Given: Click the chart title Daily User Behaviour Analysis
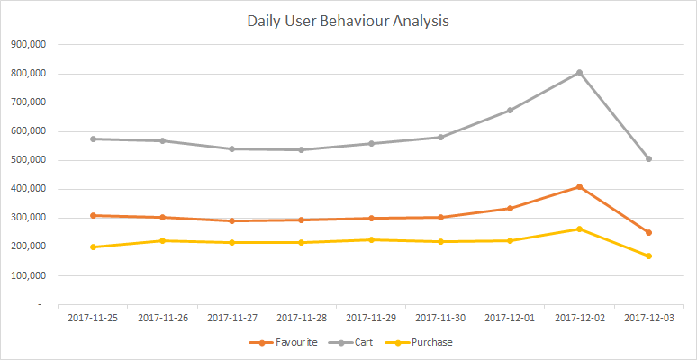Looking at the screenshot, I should (348, 21).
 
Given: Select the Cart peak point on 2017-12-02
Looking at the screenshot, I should (579, 73).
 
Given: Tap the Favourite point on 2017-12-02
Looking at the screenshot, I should (579, 187).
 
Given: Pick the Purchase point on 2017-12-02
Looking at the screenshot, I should (579, 229).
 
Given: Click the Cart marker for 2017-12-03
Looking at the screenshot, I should (648, 159).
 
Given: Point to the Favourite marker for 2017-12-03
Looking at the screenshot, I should (648, 233).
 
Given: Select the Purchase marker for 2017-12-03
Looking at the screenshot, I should (648, 256).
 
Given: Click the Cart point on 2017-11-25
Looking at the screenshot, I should (93, 139).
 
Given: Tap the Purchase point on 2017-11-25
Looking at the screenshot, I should (93, 247).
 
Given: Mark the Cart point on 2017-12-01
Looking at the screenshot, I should (510, 111).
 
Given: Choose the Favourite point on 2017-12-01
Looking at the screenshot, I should (510, 209).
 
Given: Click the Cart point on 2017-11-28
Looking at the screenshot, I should (302, 150).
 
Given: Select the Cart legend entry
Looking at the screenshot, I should (357, 342).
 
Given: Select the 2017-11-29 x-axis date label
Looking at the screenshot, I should (371, 318).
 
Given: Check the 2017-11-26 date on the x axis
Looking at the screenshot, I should (162, 318).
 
